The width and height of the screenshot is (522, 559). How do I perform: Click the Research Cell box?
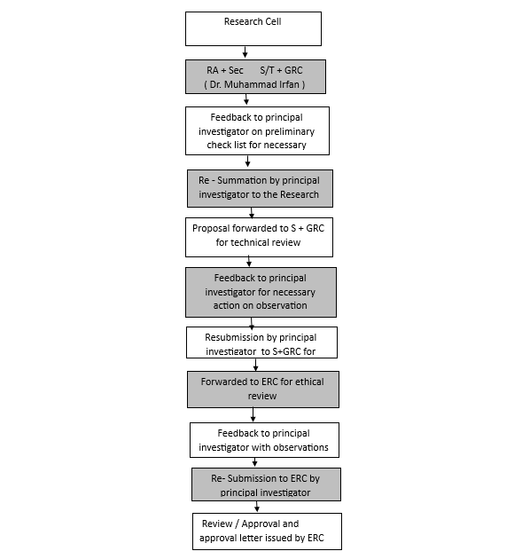point(253,28)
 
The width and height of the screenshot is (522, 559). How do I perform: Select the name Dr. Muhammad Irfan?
point(254,84)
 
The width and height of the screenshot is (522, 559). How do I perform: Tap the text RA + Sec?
point(225,70)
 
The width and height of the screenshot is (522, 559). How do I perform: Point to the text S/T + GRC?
point(281,70)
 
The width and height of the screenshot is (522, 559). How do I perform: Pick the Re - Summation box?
point(260,188)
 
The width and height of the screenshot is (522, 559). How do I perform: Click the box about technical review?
point(259,237)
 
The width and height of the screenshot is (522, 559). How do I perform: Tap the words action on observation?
point(260,305)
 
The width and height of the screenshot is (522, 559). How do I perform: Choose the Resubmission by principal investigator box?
point(261,342)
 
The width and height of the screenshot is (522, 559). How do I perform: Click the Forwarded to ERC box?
point(263,390)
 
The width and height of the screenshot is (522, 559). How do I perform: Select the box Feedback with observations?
point(264,440)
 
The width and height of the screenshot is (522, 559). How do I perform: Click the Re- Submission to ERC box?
point(266,484)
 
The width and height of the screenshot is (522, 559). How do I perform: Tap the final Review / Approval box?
point(267,531)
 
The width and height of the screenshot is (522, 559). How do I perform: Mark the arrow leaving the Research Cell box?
point(245,51)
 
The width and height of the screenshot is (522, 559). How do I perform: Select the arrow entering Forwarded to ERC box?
point(255,365)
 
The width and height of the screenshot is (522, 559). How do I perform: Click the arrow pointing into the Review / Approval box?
point(257,507)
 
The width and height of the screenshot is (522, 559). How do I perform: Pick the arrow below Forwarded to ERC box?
point(253,415)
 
